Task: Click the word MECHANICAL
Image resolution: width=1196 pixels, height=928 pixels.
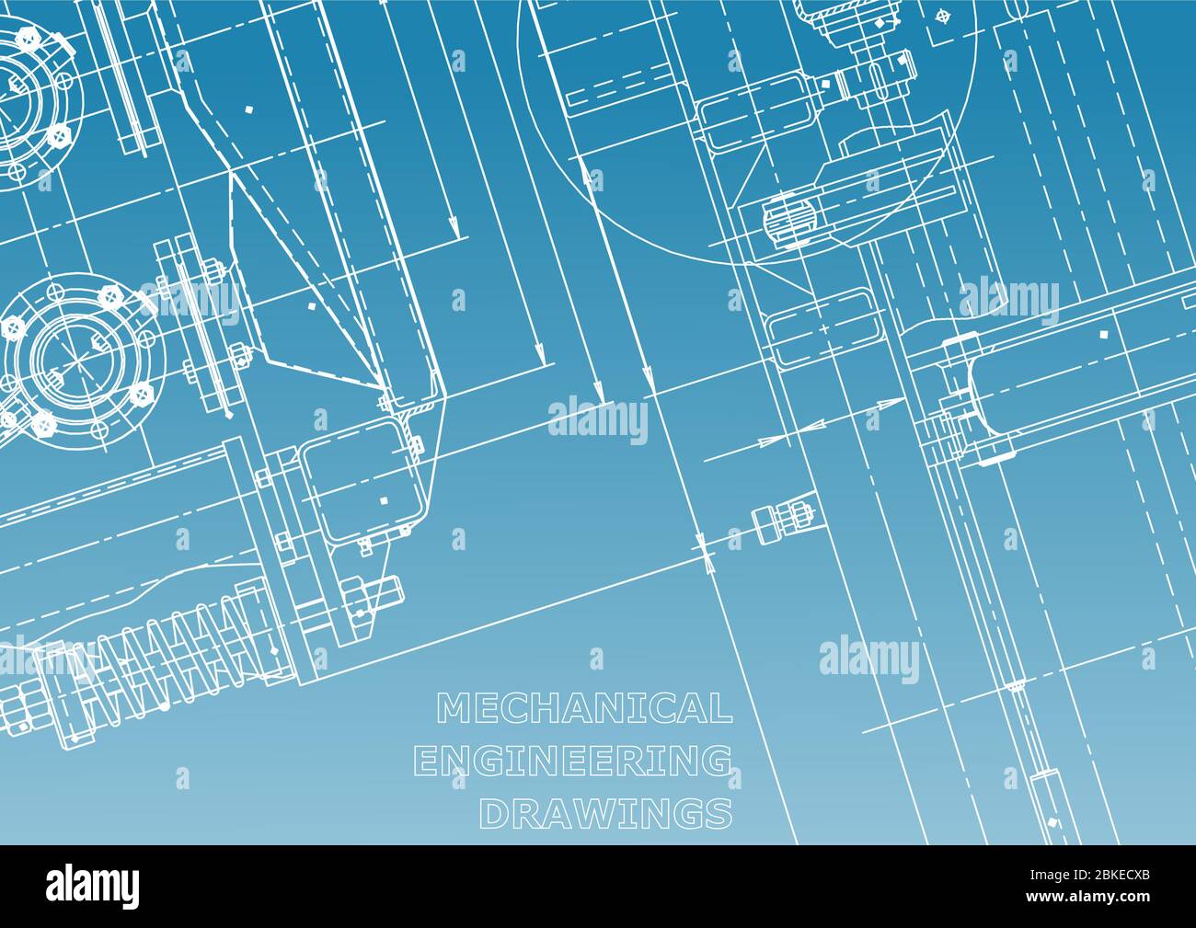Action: (x=584, y=708)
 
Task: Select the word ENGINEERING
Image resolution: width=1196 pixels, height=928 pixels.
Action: (x=574, y=761)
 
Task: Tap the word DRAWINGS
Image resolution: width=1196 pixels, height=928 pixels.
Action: (x=607, y=813)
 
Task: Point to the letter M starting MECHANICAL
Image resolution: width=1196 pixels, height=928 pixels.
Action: (x=451, y=708)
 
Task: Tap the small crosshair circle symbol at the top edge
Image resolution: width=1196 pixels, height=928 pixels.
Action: (x=941, y=16)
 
